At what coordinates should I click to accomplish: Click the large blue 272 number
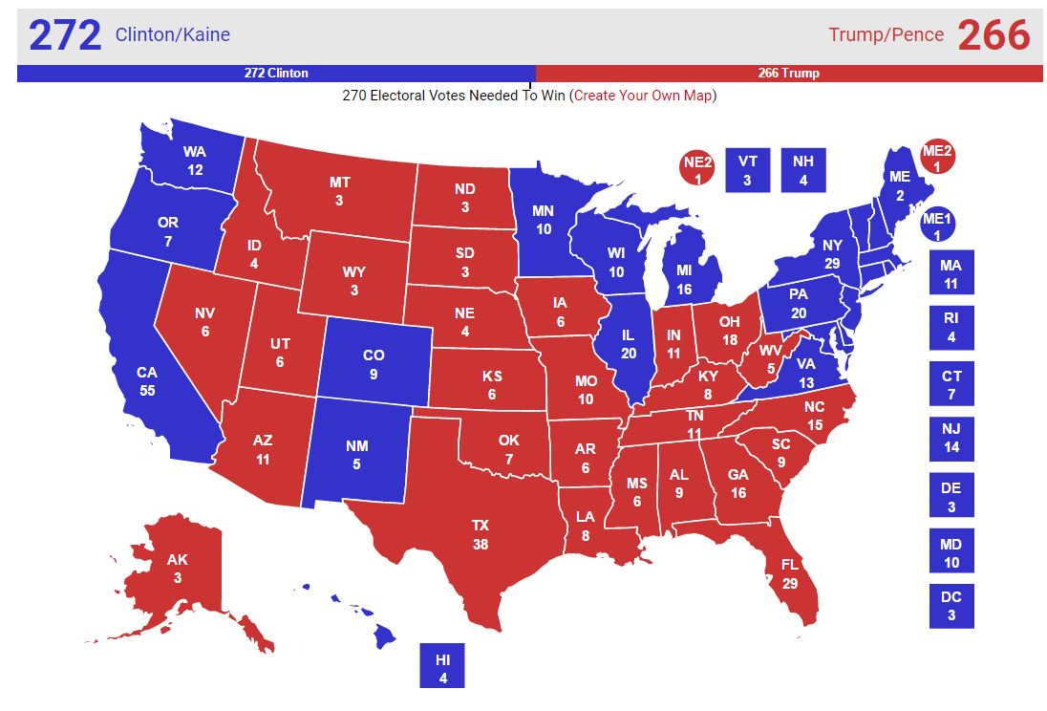(x=65, y=35)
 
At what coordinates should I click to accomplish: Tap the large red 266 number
(x=994, y=35)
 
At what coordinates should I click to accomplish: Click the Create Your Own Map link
(x=643, y=96)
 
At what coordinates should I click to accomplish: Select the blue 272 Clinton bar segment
(x=276, y=74)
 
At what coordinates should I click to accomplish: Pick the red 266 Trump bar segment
(x=788, y=74)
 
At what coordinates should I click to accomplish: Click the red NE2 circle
(x=698, y=169)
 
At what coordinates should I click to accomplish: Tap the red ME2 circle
(x=937, y=158)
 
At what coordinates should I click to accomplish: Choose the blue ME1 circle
(x=937, y=226)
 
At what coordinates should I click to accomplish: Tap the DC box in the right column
(x=951, y=606)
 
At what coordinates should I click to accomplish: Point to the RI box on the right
(x=951, y=328)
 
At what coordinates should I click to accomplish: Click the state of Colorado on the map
(x=374, y=364)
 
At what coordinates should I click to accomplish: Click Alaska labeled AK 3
(x=178, y=568)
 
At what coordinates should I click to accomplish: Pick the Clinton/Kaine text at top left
(x=173, y=35)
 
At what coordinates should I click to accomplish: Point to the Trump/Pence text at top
(x=886, y=35)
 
